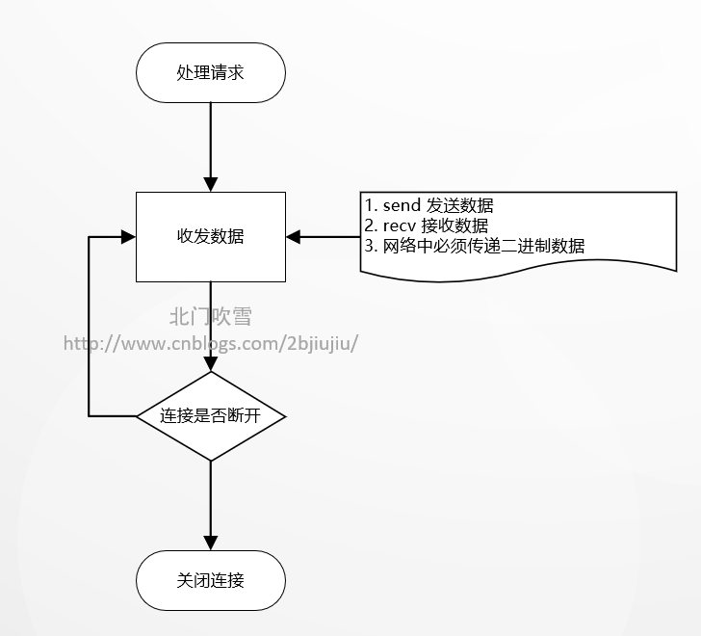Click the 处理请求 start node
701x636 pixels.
(211, 72)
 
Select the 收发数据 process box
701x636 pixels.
(211, 236)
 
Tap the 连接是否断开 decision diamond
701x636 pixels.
(211, 416)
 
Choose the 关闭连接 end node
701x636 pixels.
(211, 580)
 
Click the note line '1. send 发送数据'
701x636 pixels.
(429, 206)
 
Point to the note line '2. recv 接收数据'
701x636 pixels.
(427, 225)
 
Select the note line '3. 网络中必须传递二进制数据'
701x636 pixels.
(475, 245)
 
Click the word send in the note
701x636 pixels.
(402, 206)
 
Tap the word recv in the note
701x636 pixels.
(399, 225)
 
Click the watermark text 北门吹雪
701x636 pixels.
(210, 316)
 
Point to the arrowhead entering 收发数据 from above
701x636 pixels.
(211, 184)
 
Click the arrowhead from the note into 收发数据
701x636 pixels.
(294, 236)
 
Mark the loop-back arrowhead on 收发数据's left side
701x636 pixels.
(127, 236)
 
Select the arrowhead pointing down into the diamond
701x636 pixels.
(211, 364)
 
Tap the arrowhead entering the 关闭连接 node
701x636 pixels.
(211, 543)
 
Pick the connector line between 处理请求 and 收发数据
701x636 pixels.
(211, 140)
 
